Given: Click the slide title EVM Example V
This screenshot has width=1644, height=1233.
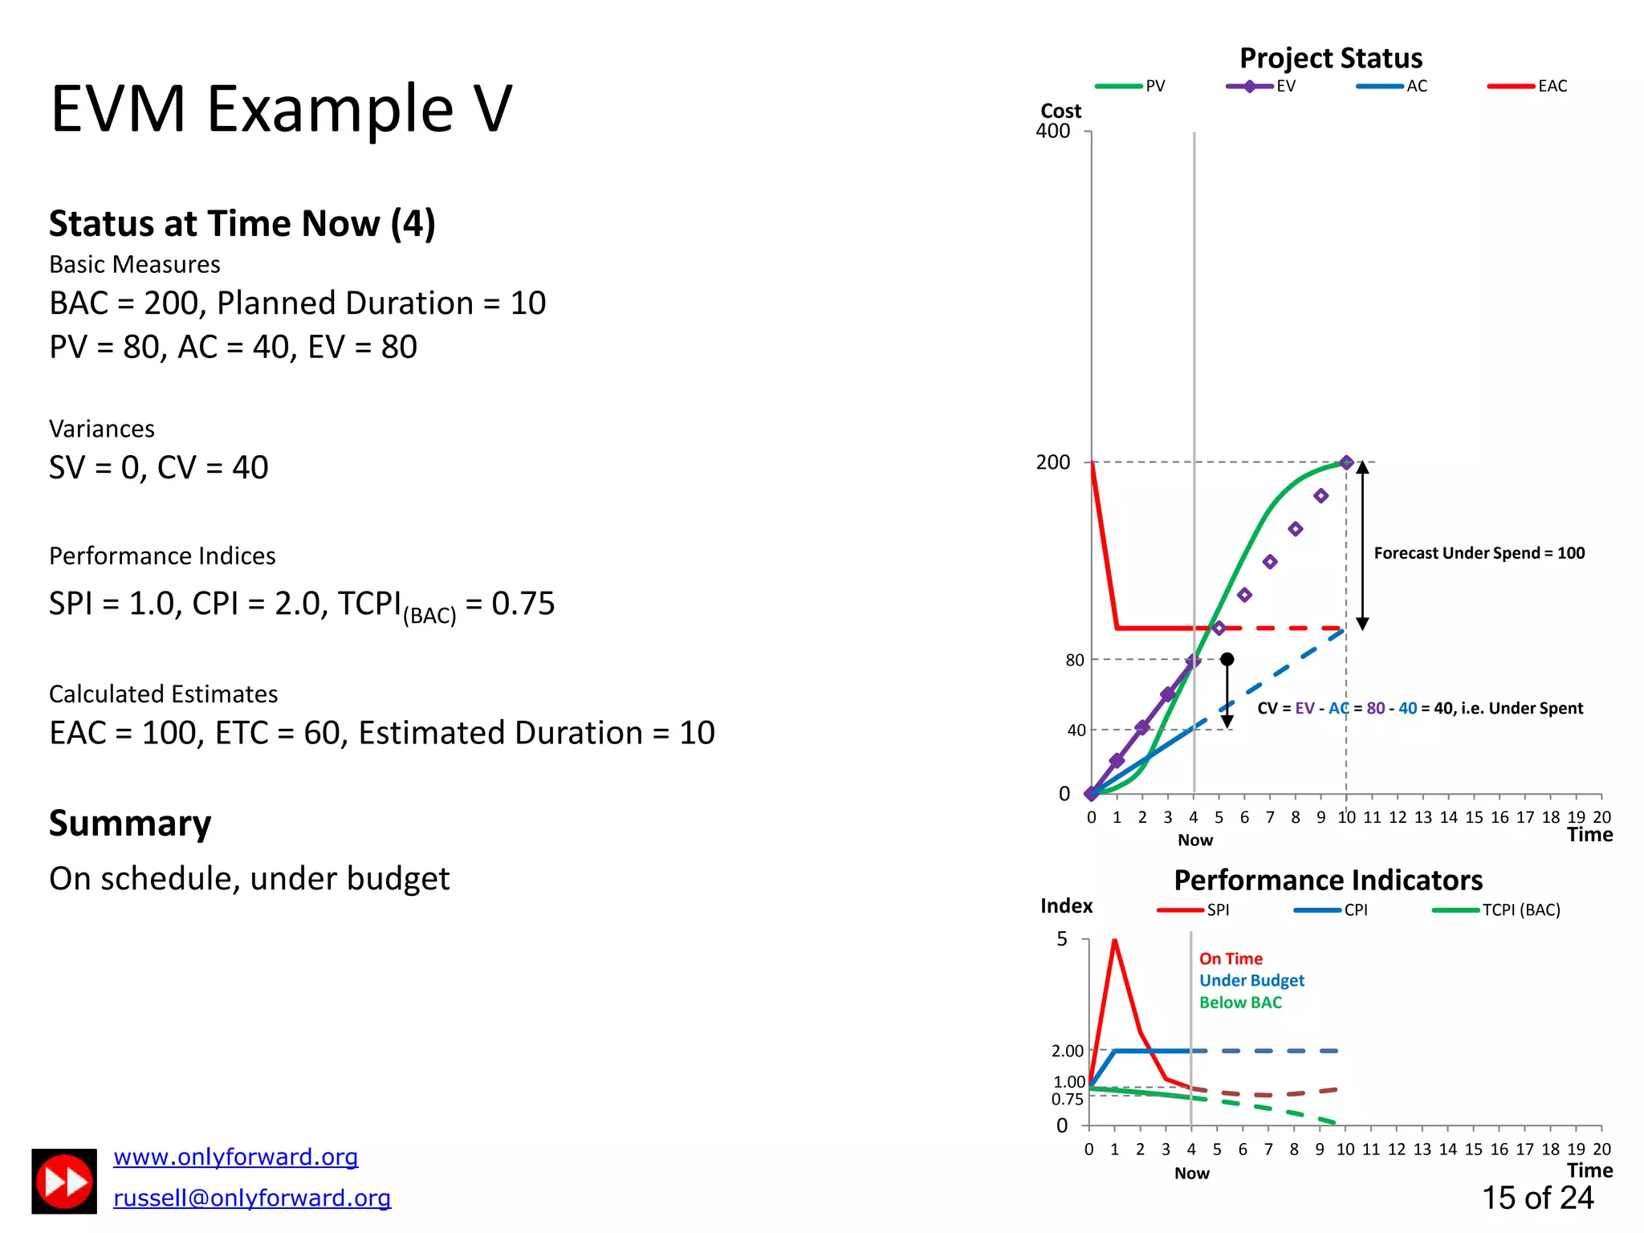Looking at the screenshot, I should coord(281,109).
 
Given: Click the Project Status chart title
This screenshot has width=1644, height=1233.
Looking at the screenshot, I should coord(1330,58).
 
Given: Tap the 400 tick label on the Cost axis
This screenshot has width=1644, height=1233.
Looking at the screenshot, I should coord(1052,131).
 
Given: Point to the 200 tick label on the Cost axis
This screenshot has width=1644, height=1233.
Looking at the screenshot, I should coord(1052,462).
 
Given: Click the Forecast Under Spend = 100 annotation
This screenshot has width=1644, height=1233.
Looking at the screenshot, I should coord(1479,553).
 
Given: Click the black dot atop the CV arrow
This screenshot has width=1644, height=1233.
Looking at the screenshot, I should coord(1227,659).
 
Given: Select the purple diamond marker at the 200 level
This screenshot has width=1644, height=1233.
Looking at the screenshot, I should coord(1346,462).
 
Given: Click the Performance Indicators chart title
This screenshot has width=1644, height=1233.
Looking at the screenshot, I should coord(1328,881).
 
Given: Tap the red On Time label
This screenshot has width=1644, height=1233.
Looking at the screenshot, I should coord(1231,958).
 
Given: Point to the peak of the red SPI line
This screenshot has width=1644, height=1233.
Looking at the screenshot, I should coord(1114,940).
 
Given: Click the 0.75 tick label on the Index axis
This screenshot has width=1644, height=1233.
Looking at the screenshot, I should coord(1067,1100).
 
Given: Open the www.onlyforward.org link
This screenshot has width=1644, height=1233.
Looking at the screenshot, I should coord(235,1157).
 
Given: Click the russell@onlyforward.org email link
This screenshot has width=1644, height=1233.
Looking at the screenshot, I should coord(252,1198).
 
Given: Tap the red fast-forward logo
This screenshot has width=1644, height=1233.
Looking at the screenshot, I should coord(64,1182).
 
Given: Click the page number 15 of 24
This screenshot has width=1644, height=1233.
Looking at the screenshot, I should coord(1537,1198).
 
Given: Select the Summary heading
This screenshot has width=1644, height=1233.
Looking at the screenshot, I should coord(130,824).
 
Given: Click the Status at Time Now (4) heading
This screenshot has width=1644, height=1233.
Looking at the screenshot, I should coord(242,223).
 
